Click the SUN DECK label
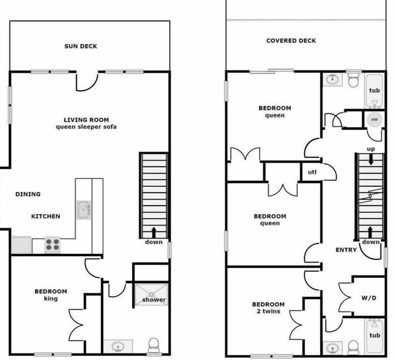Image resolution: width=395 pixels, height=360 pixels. click(x=81, y=46)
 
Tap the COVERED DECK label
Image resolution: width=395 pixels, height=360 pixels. click(x=291, y=41)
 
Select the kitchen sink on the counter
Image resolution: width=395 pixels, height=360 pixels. click(x=83, y=210)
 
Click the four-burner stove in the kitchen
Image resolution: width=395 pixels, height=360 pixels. click(x=53, y=245)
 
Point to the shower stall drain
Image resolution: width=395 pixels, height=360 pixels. click(x=151, y=294)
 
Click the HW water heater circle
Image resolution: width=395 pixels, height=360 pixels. click(x=374, y=119)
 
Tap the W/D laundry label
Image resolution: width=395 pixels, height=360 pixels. click(x=369, y=297)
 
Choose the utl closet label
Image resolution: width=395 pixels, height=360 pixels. click(x=312, y=172)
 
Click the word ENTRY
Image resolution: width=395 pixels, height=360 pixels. click(x=346, y=250)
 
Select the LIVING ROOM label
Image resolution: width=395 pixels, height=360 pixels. click(x=86, y=119)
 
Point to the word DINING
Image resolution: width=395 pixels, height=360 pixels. click(x=28, y=194)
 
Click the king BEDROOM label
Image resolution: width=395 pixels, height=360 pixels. click(x=51, y=292)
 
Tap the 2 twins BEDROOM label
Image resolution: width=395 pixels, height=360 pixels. click(x=268, y=305)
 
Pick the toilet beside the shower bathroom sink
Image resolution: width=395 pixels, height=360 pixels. click(x=153, y=345)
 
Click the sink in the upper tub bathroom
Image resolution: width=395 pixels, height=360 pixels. click(x=332, y=79)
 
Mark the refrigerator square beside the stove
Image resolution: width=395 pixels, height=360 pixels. click(x=21, y=245)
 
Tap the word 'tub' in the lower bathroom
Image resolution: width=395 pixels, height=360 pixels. click(x=374, y=335)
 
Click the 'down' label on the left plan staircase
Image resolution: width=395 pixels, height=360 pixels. click(x=153, y=242)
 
